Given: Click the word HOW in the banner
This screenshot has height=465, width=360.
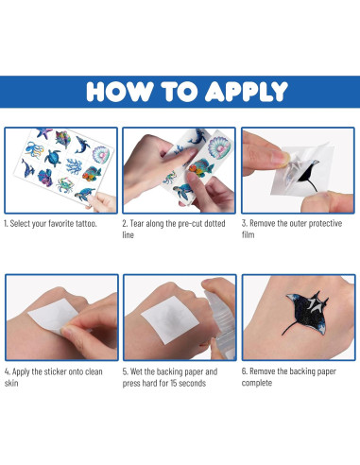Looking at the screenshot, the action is coord(120,92).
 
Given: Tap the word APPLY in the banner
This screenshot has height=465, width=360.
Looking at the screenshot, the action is coord(247,92).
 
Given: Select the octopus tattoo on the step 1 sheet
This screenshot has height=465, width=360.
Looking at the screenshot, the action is coord(34,149).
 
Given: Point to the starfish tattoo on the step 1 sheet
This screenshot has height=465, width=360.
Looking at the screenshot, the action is coord(44,133).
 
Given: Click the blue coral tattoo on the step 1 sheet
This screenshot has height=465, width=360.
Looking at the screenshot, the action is coord(74,166).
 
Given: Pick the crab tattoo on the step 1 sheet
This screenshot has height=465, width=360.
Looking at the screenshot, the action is coord(65,185).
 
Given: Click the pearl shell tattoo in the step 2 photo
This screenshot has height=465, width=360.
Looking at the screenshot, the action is coord(219,147).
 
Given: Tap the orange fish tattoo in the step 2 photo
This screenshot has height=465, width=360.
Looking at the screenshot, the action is coord(201,168).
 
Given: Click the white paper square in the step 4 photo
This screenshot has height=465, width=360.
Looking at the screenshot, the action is coord(53,316).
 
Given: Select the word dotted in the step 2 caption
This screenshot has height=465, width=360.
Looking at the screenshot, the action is coord(214,223).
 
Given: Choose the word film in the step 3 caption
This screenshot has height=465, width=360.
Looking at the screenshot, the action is coord(248,234).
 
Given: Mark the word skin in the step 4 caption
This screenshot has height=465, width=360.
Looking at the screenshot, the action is coord(11,383).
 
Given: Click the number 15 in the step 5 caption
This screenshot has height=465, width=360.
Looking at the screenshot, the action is coord(174,383).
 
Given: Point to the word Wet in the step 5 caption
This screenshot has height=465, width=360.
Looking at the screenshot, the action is coord(136,371).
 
